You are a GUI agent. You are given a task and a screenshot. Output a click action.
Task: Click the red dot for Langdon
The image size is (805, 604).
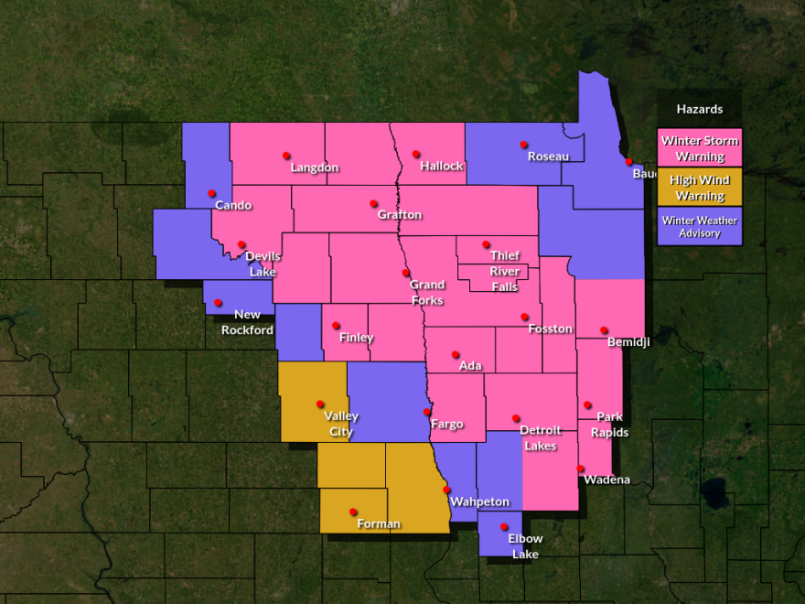286,156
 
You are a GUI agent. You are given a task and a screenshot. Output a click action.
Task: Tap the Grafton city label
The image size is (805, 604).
400,215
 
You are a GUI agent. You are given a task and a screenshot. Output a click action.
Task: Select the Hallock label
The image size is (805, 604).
442,167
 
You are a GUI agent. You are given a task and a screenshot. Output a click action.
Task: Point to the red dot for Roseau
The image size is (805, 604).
524,145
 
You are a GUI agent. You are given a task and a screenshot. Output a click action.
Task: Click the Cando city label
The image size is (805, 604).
233,205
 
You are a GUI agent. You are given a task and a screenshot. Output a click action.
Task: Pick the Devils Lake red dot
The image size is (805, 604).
241,244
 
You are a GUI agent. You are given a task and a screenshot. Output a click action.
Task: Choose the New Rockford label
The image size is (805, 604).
247,323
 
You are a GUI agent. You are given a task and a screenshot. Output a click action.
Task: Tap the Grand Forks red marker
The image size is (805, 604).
406,273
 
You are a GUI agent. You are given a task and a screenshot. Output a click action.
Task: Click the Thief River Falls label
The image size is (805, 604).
504,271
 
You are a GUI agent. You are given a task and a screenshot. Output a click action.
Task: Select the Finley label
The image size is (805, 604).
356,338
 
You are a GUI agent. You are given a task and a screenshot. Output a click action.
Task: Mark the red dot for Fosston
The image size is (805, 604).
525,318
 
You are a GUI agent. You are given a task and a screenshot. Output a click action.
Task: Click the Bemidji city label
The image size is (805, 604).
628,342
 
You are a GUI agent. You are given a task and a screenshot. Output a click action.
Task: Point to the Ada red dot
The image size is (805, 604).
455,355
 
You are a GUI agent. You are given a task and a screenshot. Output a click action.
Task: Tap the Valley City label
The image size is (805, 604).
341,424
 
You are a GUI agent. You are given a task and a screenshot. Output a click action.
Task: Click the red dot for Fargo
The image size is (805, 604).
427,412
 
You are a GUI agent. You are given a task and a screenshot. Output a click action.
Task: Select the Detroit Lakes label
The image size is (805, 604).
540,438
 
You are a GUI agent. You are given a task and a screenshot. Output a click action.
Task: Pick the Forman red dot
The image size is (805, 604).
353,512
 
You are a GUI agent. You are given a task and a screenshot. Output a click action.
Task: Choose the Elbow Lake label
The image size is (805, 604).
525,546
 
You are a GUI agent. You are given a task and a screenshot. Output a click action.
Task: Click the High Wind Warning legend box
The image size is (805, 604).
700,188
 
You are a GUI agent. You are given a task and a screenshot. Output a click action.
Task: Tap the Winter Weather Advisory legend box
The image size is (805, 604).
700,226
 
